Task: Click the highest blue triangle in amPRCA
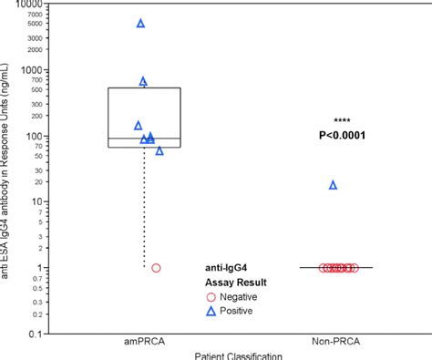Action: pyautogui.click(x=140, y=23)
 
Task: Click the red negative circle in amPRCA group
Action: pyautogui.click(x=156, y=268)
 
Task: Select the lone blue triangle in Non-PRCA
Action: pyautogui.click(x=333, y=185)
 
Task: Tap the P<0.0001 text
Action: pyautogui.click(x=342, y=136)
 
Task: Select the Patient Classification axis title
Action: pyautogui.click(x=241, y=355)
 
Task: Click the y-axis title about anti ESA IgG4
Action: pyautogui.click(x=8, y=164)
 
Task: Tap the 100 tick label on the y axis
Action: pyautogui.click(x=36, y=136)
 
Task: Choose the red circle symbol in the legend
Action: pyautogui.click(x=212, y=297)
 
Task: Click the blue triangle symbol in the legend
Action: pyautogui.click(x=212, y=311)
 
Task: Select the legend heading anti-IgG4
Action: pyautogui.click(x=225, y=269)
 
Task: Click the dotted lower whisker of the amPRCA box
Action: pyautogui.click(x=143, y=210)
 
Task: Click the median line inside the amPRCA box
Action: pyautogui.click(x=143, y=139)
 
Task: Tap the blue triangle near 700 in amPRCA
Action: pyautogui.click(x=143, y=81)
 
